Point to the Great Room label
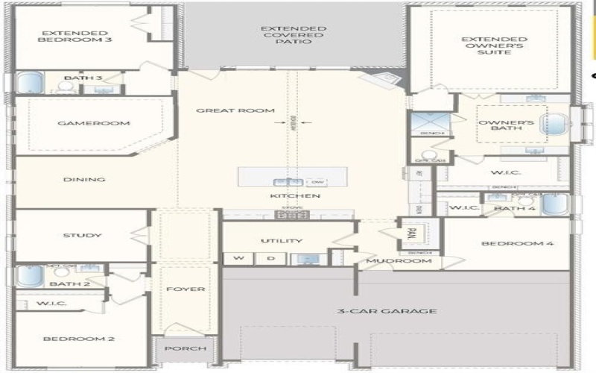pyautogui.click(x=235, y=110)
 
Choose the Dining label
pyautogui.click(x=83, y=180)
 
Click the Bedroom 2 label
pyautogui.click(x=78, y=339)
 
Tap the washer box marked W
pyautogui.click(x=239, y=259)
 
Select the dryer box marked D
pyautogui.click(x=271, y=259)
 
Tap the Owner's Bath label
pyautogui.click(x=498, y=125)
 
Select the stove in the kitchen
pyautogui.click(x=291, y=215)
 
